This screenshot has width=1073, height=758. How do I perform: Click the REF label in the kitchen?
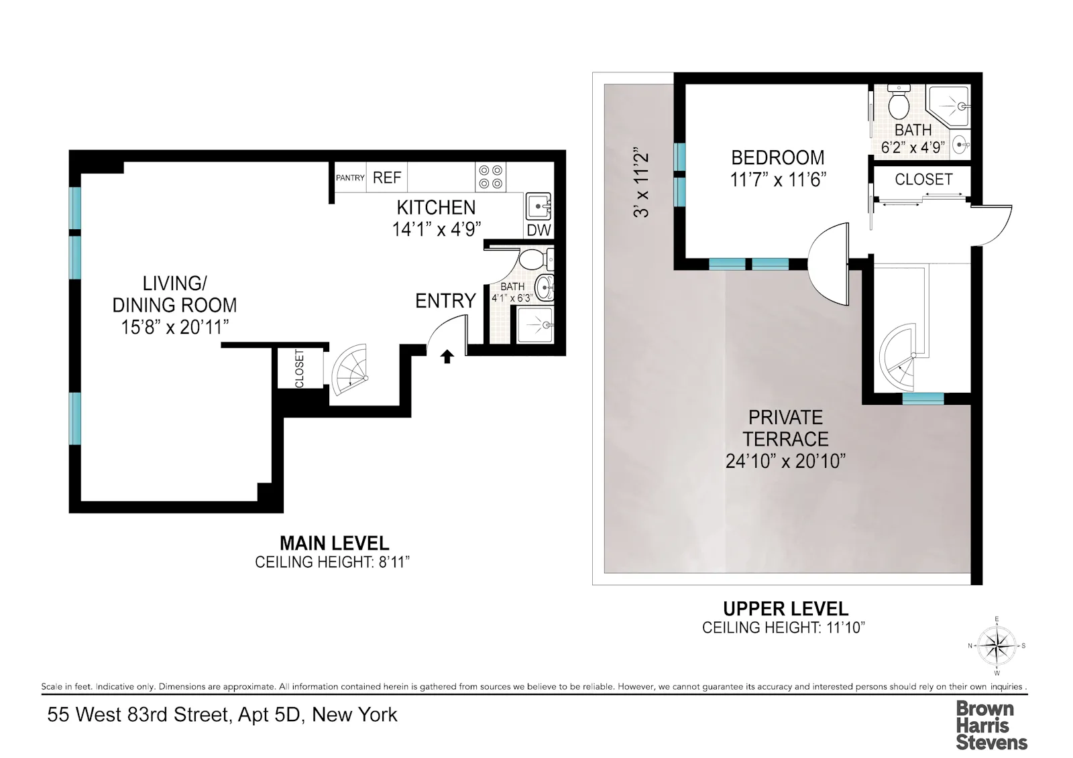click(387, 178)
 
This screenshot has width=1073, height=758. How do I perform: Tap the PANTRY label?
click(350, 178)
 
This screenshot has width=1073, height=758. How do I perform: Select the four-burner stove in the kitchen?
click(490, 178)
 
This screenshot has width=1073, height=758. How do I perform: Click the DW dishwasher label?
click(539, 230)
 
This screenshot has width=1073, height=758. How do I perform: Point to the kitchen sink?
click(538, 206)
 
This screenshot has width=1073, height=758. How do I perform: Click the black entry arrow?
click(447, 356)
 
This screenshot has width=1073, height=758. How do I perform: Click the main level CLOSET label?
click(300, 368)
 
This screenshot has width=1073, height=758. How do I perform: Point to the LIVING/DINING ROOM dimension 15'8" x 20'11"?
click(175, 327)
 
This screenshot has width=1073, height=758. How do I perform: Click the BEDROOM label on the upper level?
click(778, 157)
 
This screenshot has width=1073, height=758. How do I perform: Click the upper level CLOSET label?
click(923, 180)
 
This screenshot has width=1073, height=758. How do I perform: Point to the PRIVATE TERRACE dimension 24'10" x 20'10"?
click(785, 461)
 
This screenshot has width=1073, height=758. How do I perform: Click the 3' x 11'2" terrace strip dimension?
click(642, 184)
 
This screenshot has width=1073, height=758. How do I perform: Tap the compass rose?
click(997, 646)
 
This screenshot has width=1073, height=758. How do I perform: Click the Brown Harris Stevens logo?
click(991, 725)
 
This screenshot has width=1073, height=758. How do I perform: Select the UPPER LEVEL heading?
click(785, 609)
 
